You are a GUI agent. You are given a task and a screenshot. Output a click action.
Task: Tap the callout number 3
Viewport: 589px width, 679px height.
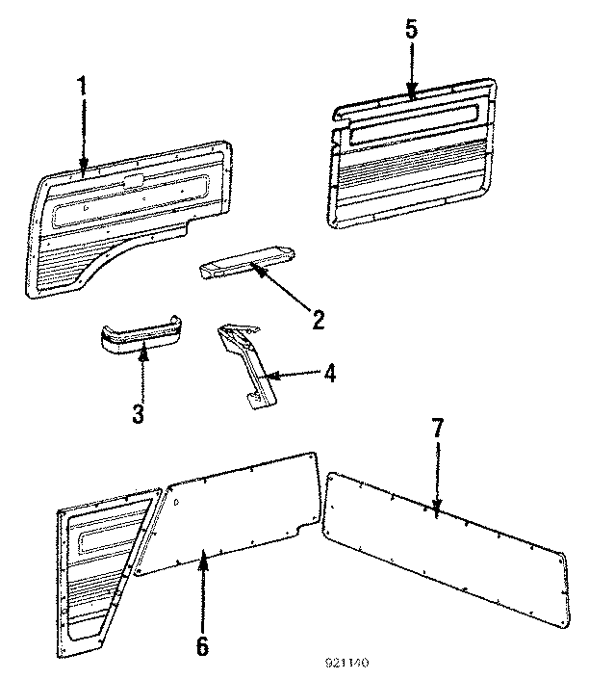tap(139, 414)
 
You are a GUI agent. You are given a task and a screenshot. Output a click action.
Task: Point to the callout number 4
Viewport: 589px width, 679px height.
tap(329, 374)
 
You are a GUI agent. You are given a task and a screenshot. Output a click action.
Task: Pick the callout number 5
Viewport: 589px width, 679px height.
tap(411, 30)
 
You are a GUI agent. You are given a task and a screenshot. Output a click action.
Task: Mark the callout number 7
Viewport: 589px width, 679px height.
tap(437, 429)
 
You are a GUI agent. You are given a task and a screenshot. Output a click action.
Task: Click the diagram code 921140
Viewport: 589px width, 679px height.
tap(346, 664)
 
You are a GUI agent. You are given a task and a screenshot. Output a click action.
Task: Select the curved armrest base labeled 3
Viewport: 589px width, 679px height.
tap(140, 338)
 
